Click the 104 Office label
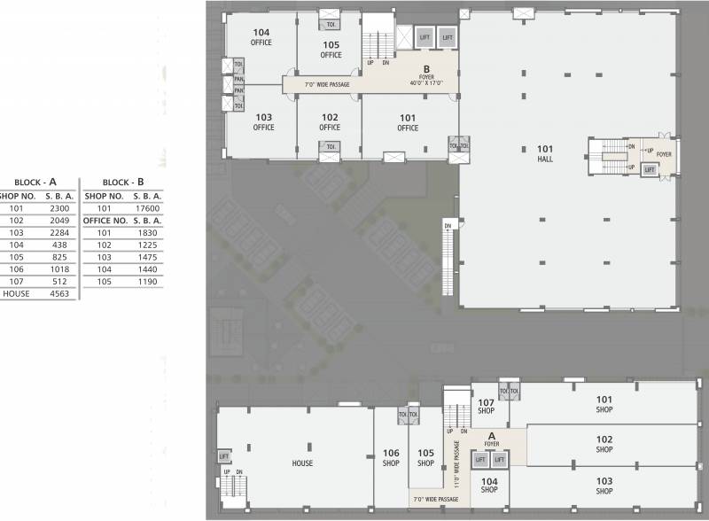[x=261, y=37]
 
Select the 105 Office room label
[x=331, y=50]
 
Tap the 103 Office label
[x=263, y=122]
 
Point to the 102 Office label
[x=330, y=122]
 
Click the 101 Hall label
[x=544, y=153]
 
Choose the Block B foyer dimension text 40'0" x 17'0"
[x=426, y=83]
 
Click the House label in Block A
[x=302, y=463]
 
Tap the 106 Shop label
[x=392, y=457]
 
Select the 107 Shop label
[x=486, y=407]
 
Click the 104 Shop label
[x=489, y=485]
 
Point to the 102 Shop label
[x=604, y=444]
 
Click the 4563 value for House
[x=59, y=293]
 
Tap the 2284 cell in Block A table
[x=59, y=233]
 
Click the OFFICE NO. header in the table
[x=105, y=220]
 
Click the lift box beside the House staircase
[x=224, y=456]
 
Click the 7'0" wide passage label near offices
[x=327, y=85]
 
